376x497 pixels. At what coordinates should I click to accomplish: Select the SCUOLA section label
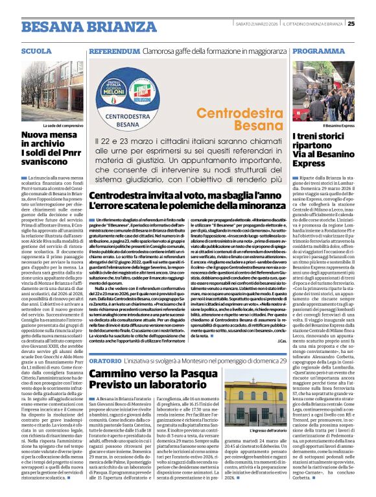point(36,51)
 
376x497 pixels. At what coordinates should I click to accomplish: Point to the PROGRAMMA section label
point(318,51)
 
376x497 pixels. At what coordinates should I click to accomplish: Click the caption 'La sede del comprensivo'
point(63,125)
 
